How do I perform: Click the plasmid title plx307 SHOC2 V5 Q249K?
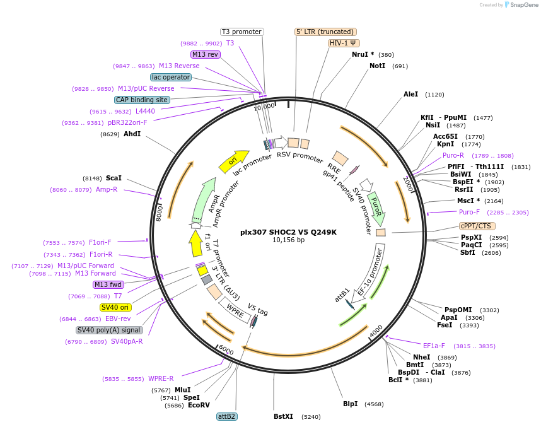[288, 232]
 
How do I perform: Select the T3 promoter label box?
[241, 32]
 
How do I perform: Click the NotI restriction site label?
[377, 66]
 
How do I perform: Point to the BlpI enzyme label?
[350, 404]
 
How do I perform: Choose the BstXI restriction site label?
[283, 416]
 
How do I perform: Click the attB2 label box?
[226, 416]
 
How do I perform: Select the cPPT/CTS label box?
[477, 226]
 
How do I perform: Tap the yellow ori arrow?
[234, 161]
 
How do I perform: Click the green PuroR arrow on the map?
[376, 208]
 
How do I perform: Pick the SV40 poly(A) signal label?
[110, 330]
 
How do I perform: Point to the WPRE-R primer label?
[161, 378]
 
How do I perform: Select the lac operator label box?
[171, 77]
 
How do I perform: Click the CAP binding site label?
[142, 100]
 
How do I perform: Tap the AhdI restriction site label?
[132, 134]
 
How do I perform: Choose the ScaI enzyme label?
[113, 178]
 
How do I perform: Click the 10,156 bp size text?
[288, 240]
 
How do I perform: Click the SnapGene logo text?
[523, 5]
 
